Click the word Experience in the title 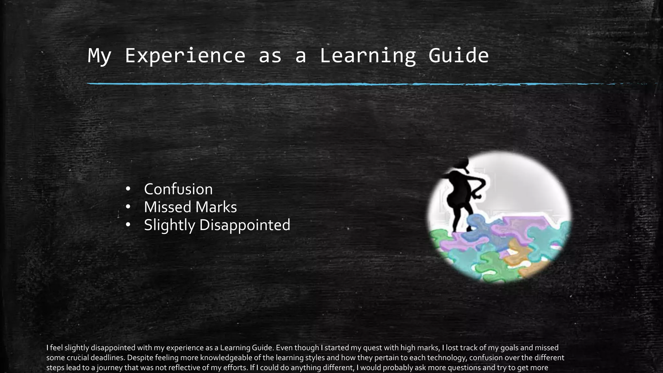point(185,56)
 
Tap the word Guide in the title point(458,56)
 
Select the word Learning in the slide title point(368,56)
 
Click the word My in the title point(99,56)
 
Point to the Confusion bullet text point(178,189)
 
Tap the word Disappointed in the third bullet point(245,225)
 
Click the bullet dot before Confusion point(128,189)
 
